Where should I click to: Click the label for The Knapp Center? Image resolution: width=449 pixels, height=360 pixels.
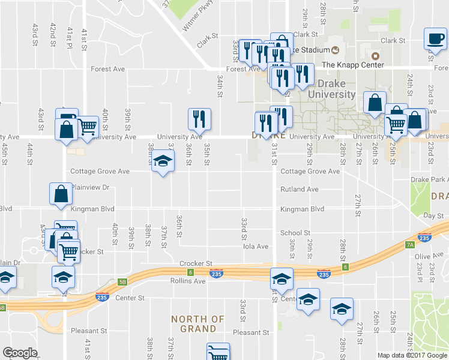[x=352, y=65]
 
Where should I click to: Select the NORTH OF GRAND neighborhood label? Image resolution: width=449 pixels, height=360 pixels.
[x=197, y=324]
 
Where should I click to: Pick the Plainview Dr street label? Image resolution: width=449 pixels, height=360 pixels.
[x=90, y=187]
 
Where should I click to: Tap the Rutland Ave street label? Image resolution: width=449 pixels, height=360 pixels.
[x=299, y=190]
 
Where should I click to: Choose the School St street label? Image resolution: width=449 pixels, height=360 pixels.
[x=295, y=233]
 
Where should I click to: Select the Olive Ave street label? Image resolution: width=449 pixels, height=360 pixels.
[x=428, y=256]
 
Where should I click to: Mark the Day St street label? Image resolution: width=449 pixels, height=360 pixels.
[x=432, y=215]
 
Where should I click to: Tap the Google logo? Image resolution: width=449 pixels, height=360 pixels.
[x=20, y=353]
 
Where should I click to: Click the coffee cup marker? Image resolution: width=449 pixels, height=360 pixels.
[x=435, y=38]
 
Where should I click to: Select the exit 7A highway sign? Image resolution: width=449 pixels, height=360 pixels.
[x=410, y=245]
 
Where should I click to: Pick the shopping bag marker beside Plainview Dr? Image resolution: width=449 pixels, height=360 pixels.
[x=61, y=194]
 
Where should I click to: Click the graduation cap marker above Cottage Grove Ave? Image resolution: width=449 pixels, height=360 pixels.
[x=161, y=161]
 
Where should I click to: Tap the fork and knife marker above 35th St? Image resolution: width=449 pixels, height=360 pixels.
[x=199, y=119]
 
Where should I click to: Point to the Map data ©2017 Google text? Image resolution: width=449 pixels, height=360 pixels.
[x=412, y=355]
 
